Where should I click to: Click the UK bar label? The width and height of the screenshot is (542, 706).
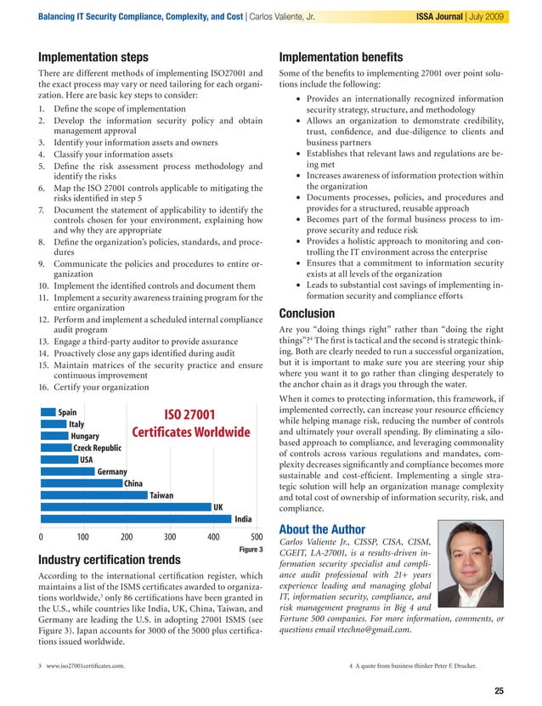pos(218,506)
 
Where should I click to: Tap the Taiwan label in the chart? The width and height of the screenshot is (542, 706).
pos(161,494)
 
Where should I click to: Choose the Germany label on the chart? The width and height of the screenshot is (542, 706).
pos(112,472)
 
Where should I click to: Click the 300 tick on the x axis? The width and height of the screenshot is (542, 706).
pos(170,537)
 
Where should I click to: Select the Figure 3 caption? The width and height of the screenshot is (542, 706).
pos(249,550)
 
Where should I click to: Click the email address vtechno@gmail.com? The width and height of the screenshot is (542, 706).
pos(374,630)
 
